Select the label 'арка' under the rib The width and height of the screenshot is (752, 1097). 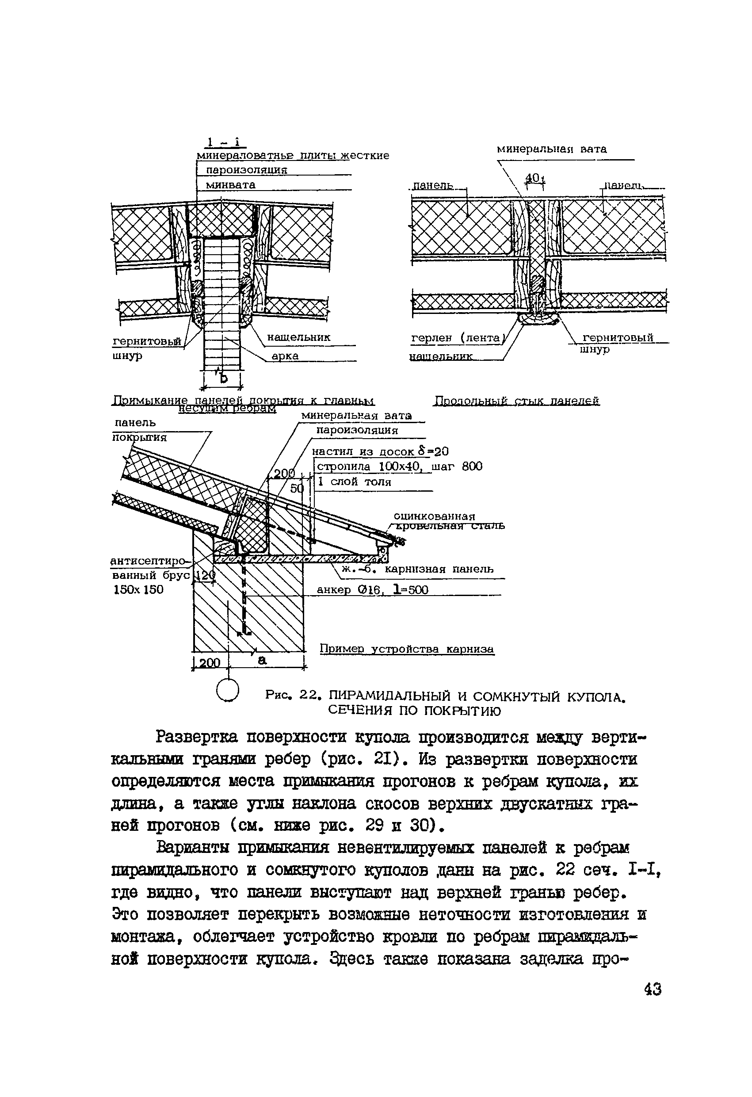click(285, 356)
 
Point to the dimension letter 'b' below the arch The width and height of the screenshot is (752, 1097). click(223, 378)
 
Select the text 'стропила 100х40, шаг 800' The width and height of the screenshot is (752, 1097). click(399, 467)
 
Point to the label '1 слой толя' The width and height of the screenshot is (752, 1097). click(355, 482)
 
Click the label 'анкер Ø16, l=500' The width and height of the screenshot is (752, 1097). click(372, 590)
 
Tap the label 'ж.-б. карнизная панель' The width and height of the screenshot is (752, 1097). click(417, 569)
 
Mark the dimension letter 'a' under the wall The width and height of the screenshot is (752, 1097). click(262, 661)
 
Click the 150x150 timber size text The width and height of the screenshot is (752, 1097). click(138, 589)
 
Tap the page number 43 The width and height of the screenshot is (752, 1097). click(653, 989)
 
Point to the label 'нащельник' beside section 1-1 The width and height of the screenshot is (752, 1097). click(299, 337)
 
